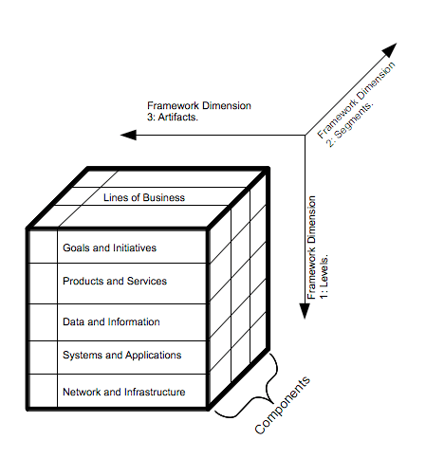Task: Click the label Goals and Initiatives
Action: (x=109, y=247)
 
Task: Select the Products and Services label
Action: (x=114, y=282)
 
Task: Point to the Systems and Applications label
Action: (x=121, y=356)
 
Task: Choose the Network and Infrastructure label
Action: (x=123, y=392)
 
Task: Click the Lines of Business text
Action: (x=143, y=197)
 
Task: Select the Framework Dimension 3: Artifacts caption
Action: (x=198, y=111)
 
